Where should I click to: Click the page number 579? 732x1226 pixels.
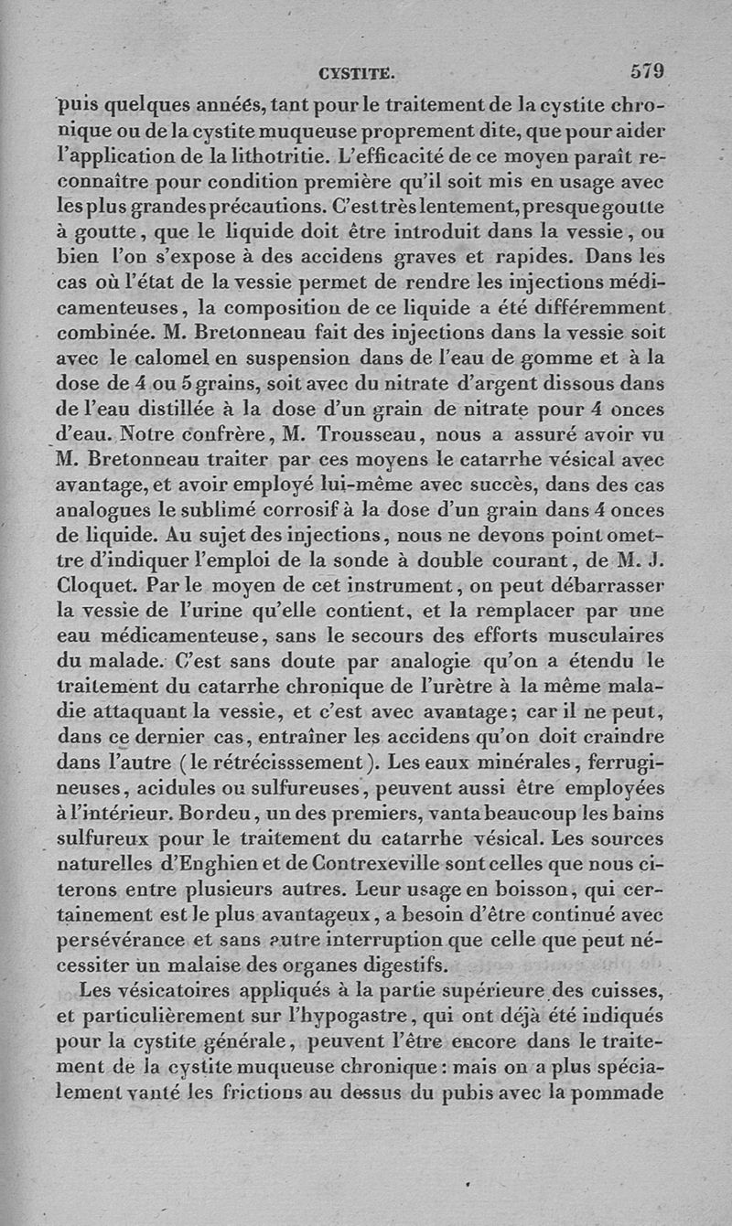(x=646, y=70)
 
